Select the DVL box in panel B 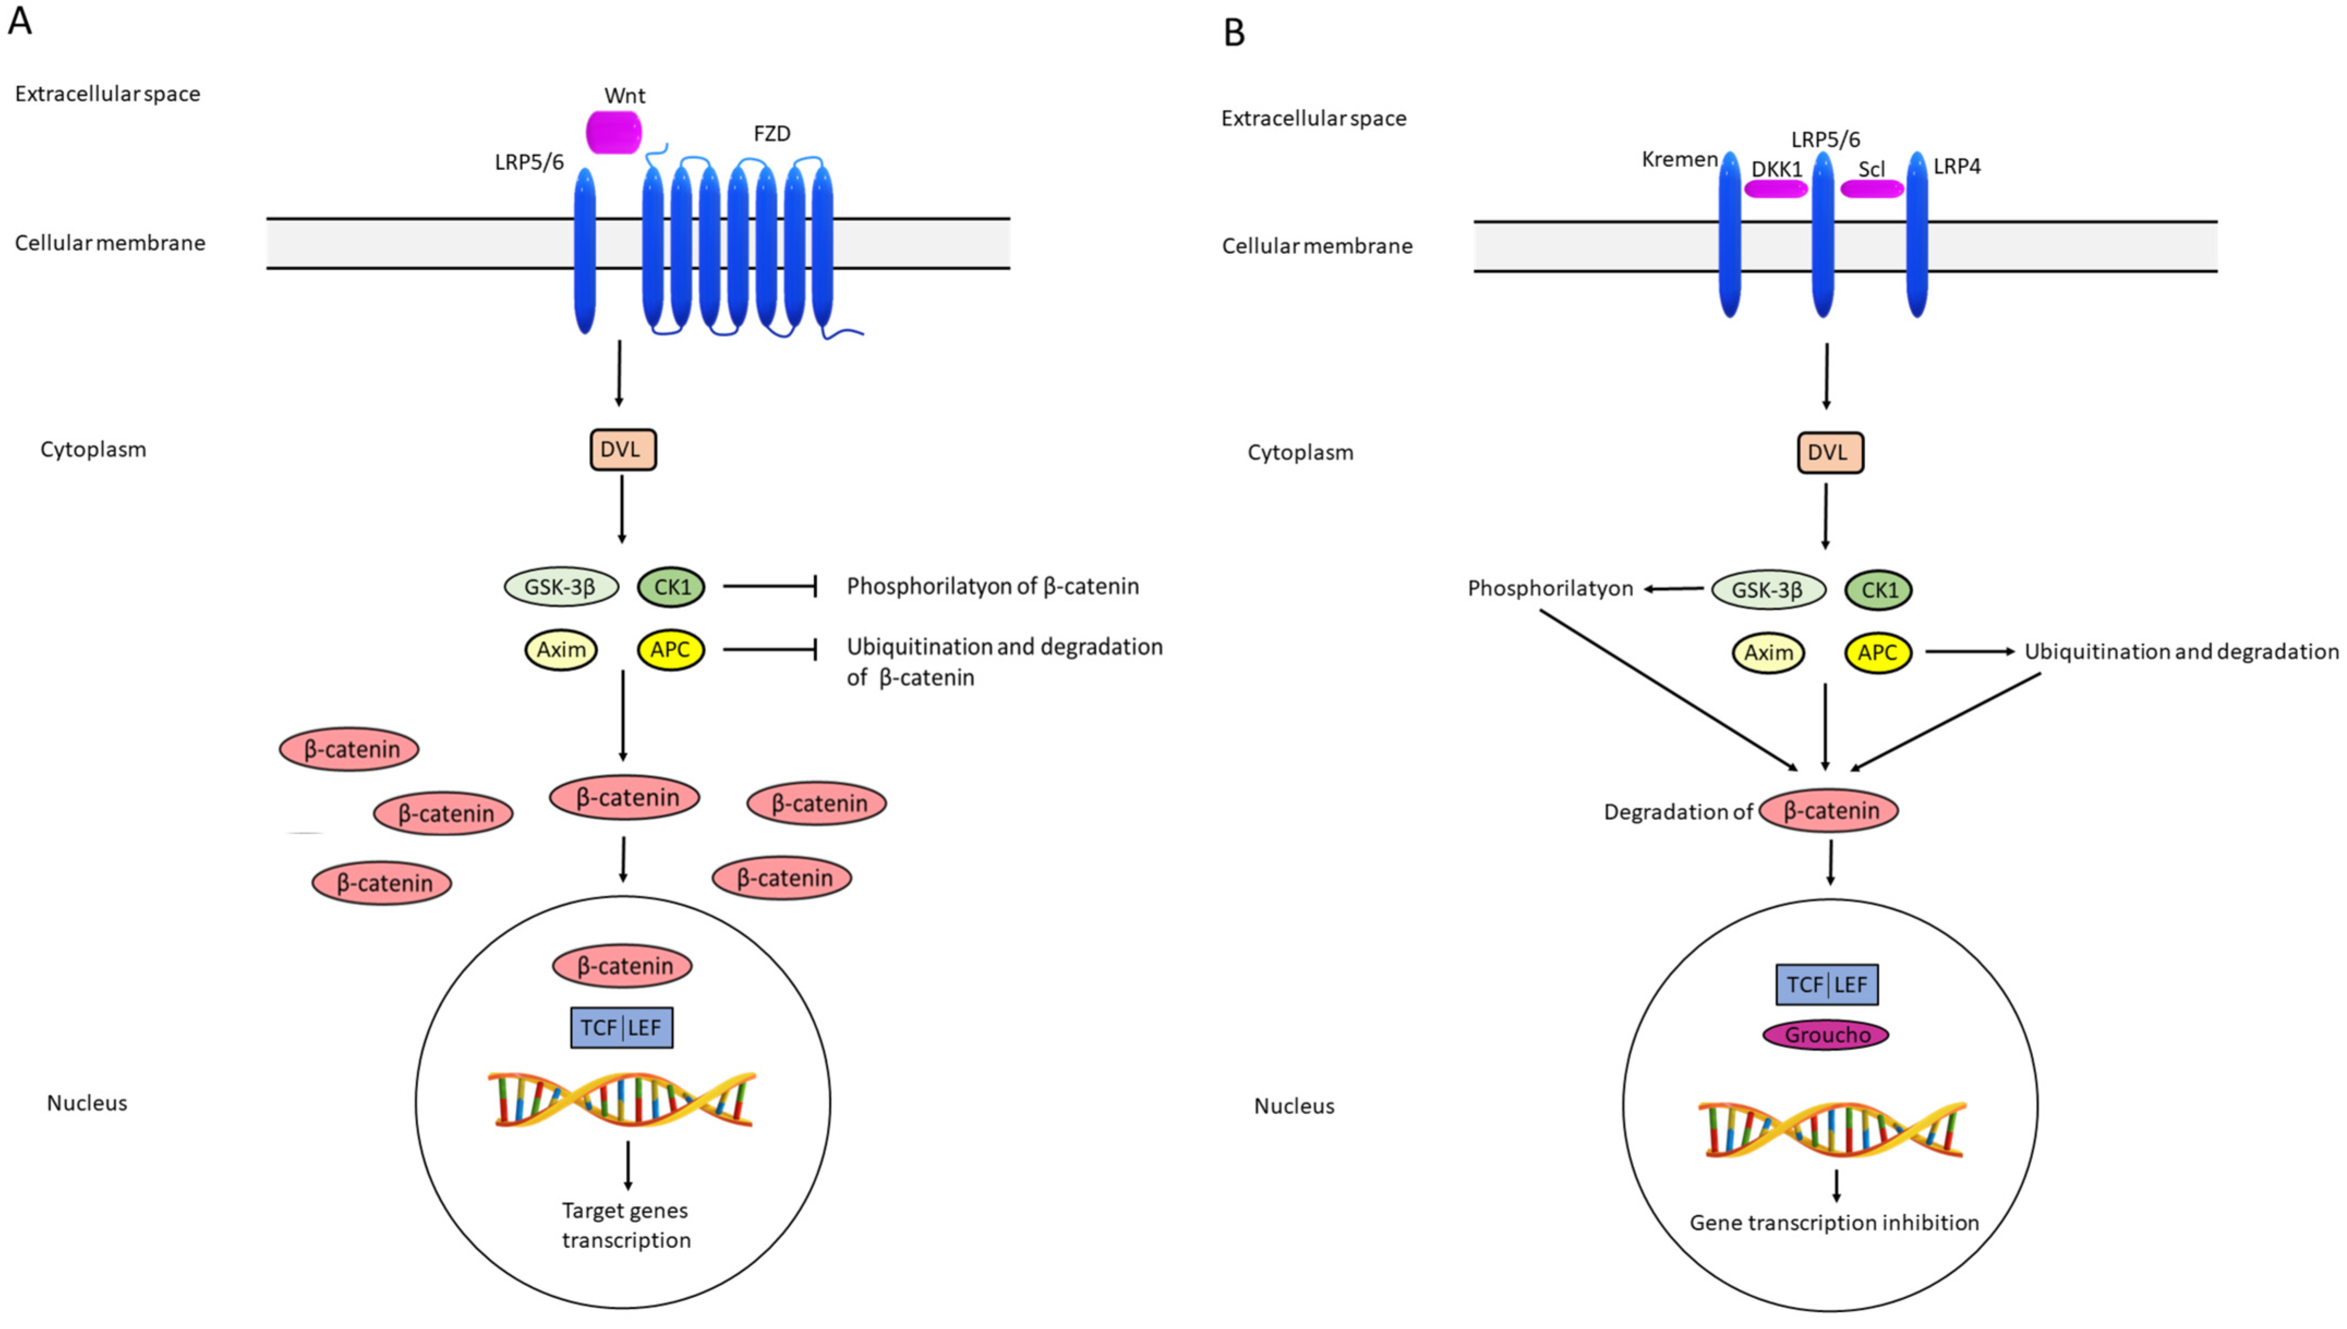(x=1829, y=453)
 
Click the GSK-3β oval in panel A (x=561, y=586)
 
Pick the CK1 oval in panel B (x=1878, y=590)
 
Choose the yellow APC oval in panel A (x=670, y=650)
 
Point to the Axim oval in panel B (x=1768, y=653)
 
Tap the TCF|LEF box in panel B (x=1826, y=985)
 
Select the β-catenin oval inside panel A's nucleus (x=622, y=966)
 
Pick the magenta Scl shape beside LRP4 (x=1871, y=189)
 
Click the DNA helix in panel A (x=622, y=1100)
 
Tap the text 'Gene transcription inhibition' (x=1834, y=1223)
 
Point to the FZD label (x=772, y=134)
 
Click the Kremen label (x=1679, y=160)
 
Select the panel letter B (x=1234, y=34)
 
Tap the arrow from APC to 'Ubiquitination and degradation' (x=1969, y=652)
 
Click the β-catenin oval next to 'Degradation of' (x=1829, y=810)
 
